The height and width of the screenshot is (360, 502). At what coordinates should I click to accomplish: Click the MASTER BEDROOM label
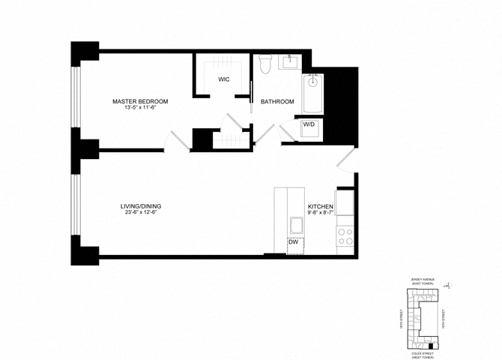tap(140, 101)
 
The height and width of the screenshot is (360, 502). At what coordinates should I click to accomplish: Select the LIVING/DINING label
tap(142, 206)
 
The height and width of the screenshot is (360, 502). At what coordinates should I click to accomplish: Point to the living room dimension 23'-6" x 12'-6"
tap(142, 213)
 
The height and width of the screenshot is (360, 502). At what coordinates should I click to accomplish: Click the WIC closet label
tap(223, 79)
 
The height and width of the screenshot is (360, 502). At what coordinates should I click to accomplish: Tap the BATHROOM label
tap(277, 102)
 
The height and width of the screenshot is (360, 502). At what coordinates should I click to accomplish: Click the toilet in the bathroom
tap(264, 65)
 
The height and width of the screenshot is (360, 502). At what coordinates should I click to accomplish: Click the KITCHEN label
tap(321, 206)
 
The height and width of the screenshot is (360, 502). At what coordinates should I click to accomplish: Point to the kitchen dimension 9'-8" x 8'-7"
tap(321, 214)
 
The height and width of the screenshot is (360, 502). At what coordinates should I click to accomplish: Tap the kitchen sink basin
tap(294, 224)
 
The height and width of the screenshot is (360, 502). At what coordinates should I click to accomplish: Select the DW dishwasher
tap(294, 242)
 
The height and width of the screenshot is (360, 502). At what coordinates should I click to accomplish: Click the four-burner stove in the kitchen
tap(345, 237)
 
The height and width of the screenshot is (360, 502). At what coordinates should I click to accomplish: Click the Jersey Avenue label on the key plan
tap(423, 280)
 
